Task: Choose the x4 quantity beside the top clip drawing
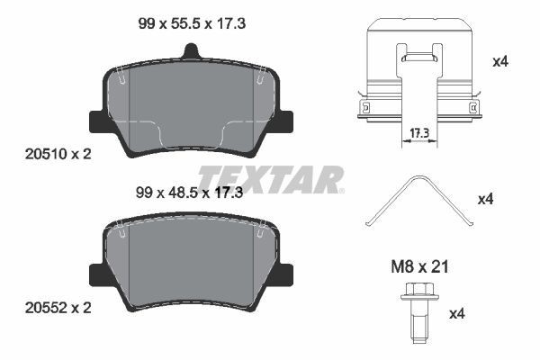[x=501, y=62]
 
